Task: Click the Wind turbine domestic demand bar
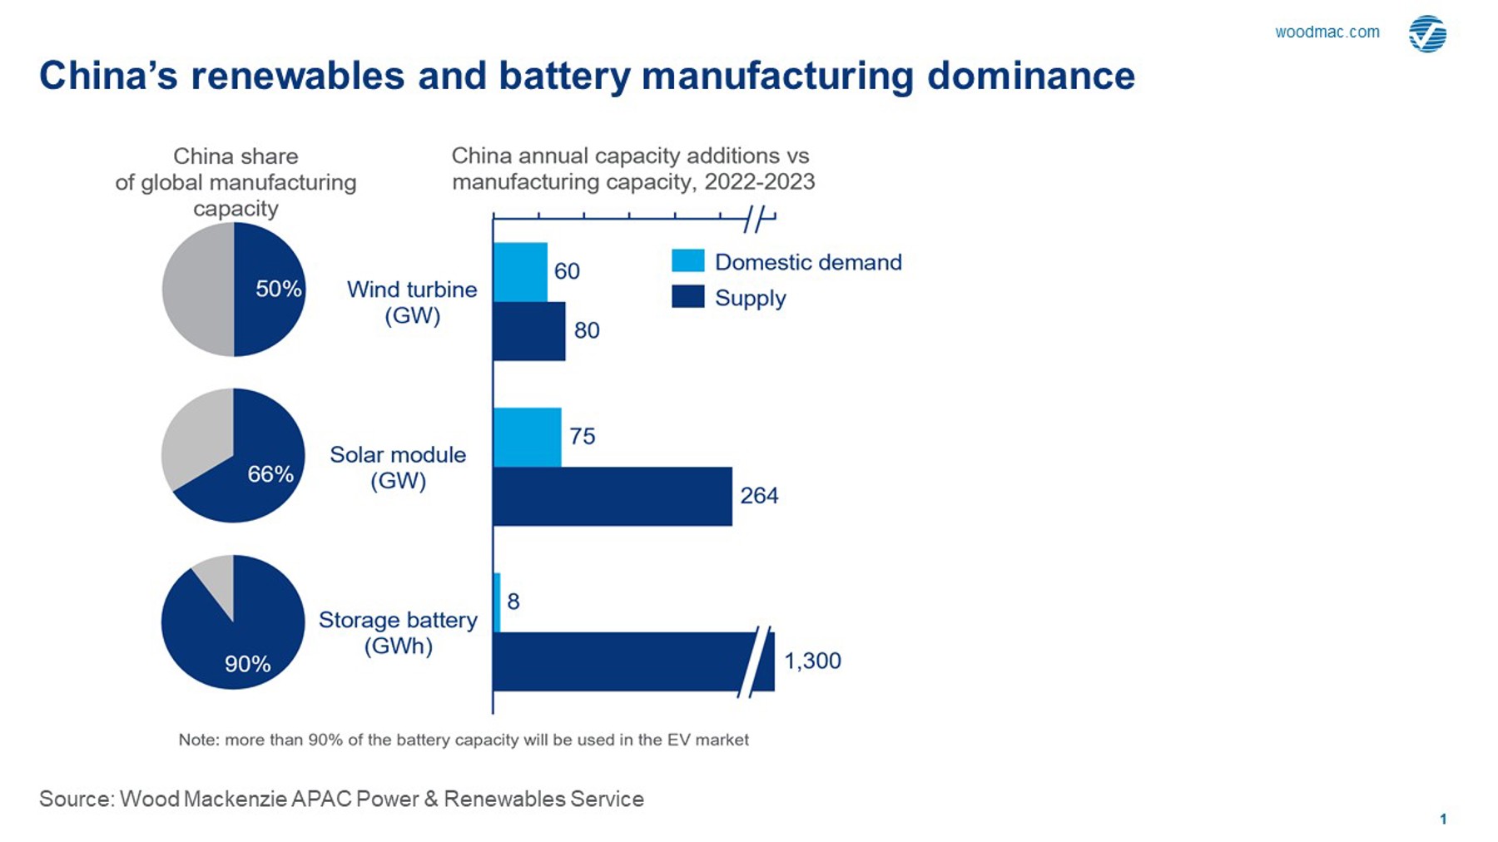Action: coord(520,272)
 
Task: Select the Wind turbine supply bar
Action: coord(529,331)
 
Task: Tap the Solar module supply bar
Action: coord(613,496)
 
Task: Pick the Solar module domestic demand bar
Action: coord(527,437)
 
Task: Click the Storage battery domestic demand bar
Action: coord(497,602)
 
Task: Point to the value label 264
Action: coord(759,496)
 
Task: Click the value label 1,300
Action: coord(812,661)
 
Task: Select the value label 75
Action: coord(583,437)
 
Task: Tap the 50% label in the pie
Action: coord(278,289)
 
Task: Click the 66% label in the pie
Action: coord(270,474)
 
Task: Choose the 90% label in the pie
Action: coord(247,664)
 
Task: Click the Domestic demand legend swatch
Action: coord(688,261)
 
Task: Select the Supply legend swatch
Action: coord(688,297)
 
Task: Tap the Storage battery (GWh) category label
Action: coord(398,633)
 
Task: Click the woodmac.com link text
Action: coord(1327,32)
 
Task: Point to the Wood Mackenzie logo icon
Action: coord(1427,34)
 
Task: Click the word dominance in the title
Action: coord(1031,76)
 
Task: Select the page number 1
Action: coord(1443,819)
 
